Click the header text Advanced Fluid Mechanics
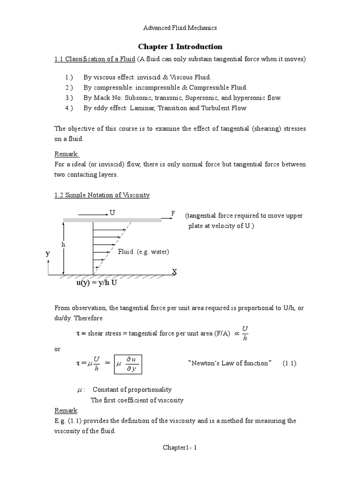[180, 28]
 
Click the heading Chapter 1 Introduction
[180, 47]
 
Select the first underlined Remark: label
[67, 154]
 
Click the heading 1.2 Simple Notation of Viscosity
[102, 195]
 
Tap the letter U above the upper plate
[112, 213]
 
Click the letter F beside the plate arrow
[173, 214]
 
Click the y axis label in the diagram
[47, 253]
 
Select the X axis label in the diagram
[174, 272]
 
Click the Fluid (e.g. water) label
[143, 252]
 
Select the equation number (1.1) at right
[289, 363]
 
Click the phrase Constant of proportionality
[132, 390]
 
